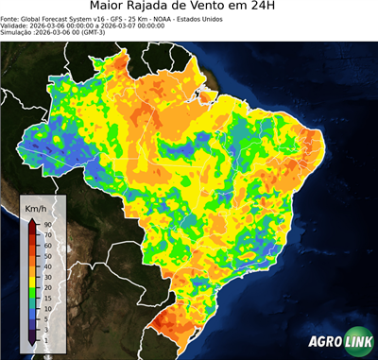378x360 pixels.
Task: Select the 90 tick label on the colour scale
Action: pos(47,224)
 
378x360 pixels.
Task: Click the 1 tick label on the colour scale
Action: pos(46,338)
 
